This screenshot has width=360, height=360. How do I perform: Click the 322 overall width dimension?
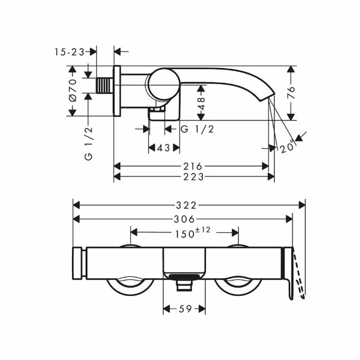[186, 205]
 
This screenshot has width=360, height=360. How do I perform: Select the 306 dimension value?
[184, 219]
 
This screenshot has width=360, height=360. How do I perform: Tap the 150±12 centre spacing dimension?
[192, 232]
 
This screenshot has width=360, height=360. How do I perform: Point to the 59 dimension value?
[185, 309]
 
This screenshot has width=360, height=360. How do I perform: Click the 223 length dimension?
[193, 177]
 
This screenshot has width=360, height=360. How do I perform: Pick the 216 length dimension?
[193, 166]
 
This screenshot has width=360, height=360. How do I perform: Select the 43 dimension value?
[164, 148]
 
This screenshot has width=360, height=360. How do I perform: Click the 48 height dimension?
[201, 104]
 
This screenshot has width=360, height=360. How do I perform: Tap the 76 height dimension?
[291, 93]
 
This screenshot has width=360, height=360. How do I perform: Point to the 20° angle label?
[287, 147]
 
